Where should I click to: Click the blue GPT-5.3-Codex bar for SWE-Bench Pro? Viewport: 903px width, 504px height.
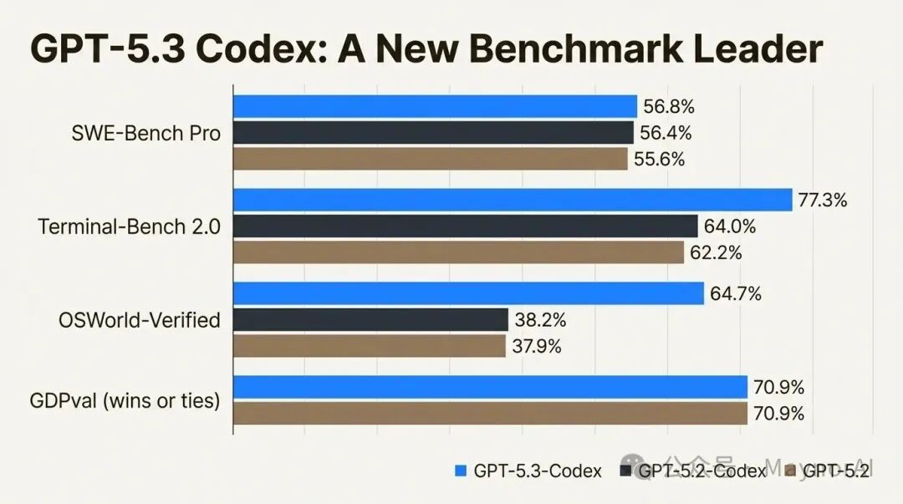click(435, 106)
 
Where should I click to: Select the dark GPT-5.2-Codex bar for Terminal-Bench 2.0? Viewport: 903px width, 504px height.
click(465, 226)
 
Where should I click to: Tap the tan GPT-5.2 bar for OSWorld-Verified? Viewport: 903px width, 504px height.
click(369, 345)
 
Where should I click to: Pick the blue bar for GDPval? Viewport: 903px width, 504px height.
click(489, 387)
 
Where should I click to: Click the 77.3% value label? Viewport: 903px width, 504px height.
click(823, 200)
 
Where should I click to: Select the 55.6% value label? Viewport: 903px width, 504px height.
click(660, 159)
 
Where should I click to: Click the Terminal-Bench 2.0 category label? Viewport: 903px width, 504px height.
click(130, 227)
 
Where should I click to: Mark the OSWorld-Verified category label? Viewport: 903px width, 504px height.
click(140, 320)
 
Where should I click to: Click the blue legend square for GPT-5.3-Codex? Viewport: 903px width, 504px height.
click(460, 471)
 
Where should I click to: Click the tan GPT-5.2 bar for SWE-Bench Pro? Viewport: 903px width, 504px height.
click(430, 159)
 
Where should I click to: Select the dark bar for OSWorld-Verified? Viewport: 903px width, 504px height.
click(370, 319)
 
